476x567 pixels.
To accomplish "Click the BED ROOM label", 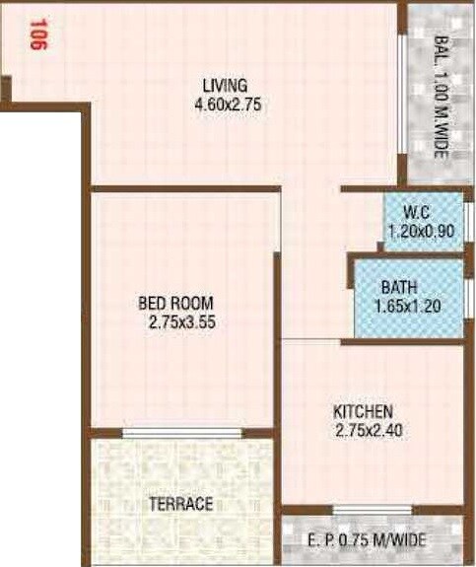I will coord(176,304).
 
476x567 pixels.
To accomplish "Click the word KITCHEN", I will coord(364,411).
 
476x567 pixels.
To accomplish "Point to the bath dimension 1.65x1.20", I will coord(406,306).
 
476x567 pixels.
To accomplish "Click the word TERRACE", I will coord(180,504).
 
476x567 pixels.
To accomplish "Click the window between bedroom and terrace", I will coord(181,432).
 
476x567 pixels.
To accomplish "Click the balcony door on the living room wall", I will coord(401,95).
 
